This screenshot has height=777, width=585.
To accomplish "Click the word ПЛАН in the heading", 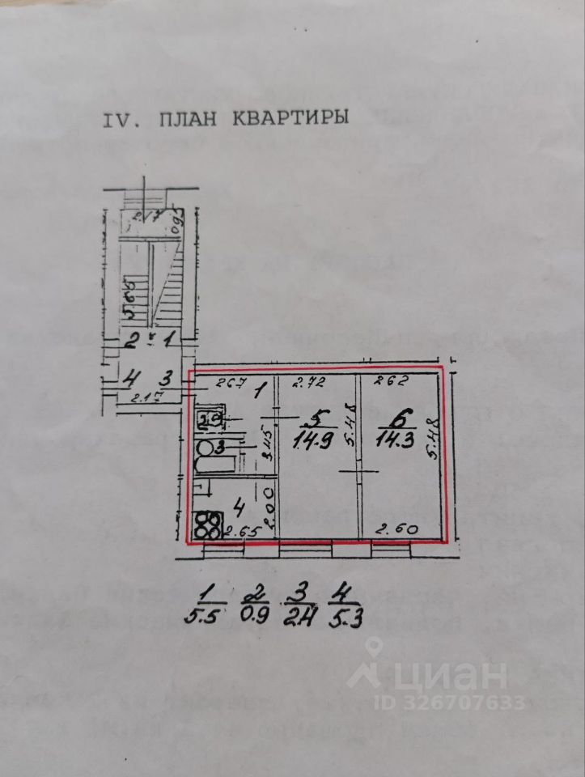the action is (x=189, y=119).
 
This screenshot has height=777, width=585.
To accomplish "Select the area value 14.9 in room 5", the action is (x=313, y=441).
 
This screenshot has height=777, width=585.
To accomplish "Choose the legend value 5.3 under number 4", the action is (x=345, y=620).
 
